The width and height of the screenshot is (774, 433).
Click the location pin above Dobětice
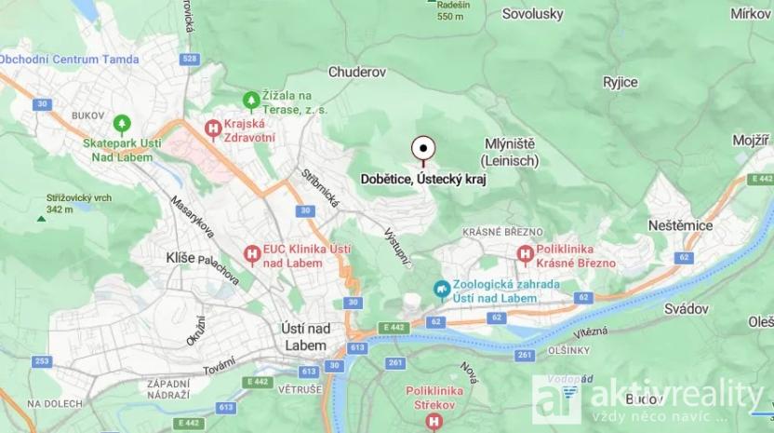(x=423, y=149)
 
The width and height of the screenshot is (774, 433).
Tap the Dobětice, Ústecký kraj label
(x=423, y=179)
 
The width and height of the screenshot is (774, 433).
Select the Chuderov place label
(x=357, y=72)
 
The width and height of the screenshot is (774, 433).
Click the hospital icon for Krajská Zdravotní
(x=213, y=129)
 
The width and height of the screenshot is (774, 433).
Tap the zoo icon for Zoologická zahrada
(x=442, y=291)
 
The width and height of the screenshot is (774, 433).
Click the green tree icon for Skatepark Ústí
(x=121, y=123)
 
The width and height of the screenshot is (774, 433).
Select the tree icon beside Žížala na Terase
(x=250, y=99)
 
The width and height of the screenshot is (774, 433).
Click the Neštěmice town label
(x=682, y=225)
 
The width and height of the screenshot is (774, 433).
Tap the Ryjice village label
(x=621, y=82)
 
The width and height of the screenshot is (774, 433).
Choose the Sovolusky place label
(x=532, y=14)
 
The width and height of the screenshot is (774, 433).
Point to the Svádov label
(x=687, y=308)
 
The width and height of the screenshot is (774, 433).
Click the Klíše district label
(x=179, y=257)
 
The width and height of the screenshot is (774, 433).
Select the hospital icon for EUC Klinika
(x=250, y=253)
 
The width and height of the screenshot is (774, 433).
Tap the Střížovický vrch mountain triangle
(x=41, y=219)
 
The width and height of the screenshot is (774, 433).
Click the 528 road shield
(x=191, y=59)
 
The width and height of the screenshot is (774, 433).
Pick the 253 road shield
(x=41, y=360)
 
